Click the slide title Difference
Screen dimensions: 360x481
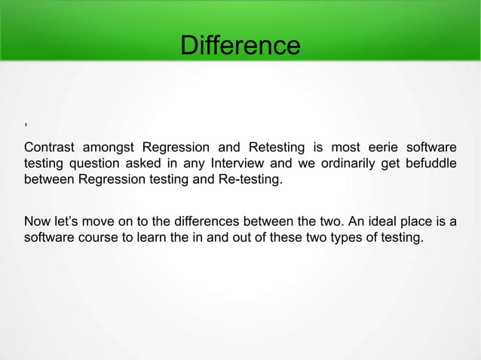coord(240,46)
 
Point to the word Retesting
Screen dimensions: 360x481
coord(277,146)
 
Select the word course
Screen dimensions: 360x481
coord(98,239)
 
